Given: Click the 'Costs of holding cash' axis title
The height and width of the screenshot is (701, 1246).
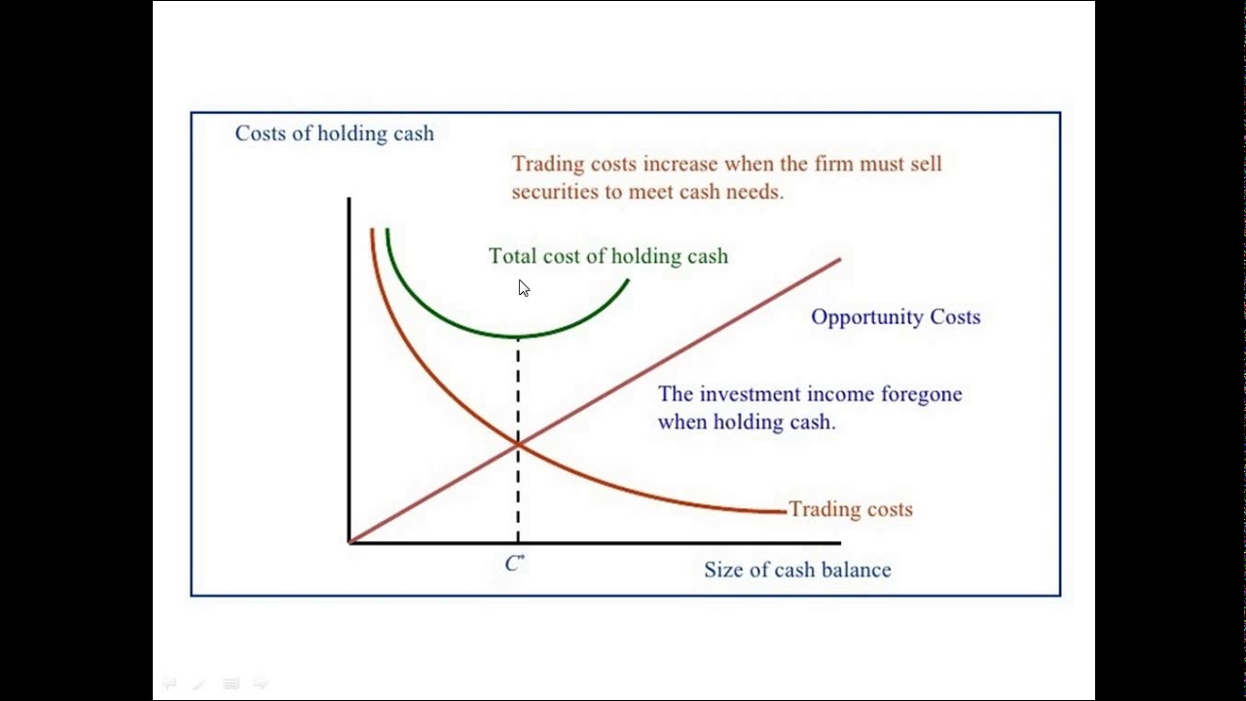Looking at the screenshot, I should click(334, 133).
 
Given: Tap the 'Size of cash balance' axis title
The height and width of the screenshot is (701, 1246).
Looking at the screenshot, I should click(797, 570).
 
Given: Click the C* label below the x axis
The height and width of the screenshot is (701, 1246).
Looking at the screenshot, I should click(515, 564).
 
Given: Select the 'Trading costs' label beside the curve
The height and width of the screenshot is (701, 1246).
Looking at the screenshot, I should click(850, 509).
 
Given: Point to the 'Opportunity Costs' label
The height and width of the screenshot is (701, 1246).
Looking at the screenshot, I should click(895, 316).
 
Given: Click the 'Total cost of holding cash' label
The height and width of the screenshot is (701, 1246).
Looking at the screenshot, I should click(607, 256).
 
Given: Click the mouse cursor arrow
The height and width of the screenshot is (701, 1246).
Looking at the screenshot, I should click(523, 287).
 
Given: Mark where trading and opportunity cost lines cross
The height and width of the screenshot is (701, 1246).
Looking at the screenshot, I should click(518, 444).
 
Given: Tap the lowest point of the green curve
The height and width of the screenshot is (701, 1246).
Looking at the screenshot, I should click(516, 337).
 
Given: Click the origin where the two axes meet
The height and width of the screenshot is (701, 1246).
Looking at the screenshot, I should click(349, 542).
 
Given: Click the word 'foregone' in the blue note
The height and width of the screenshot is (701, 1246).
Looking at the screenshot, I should click(921, 394).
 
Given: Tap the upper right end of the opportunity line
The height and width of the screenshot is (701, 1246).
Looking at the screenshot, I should click(838, 260).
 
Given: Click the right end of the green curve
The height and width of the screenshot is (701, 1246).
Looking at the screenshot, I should click(628, 280).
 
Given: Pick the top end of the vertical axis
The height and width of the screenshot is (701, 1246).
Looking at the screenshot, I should click(349, 200).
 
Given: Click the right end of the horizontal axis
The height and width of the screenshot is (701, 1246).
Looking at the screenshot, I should click(838, 542).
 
